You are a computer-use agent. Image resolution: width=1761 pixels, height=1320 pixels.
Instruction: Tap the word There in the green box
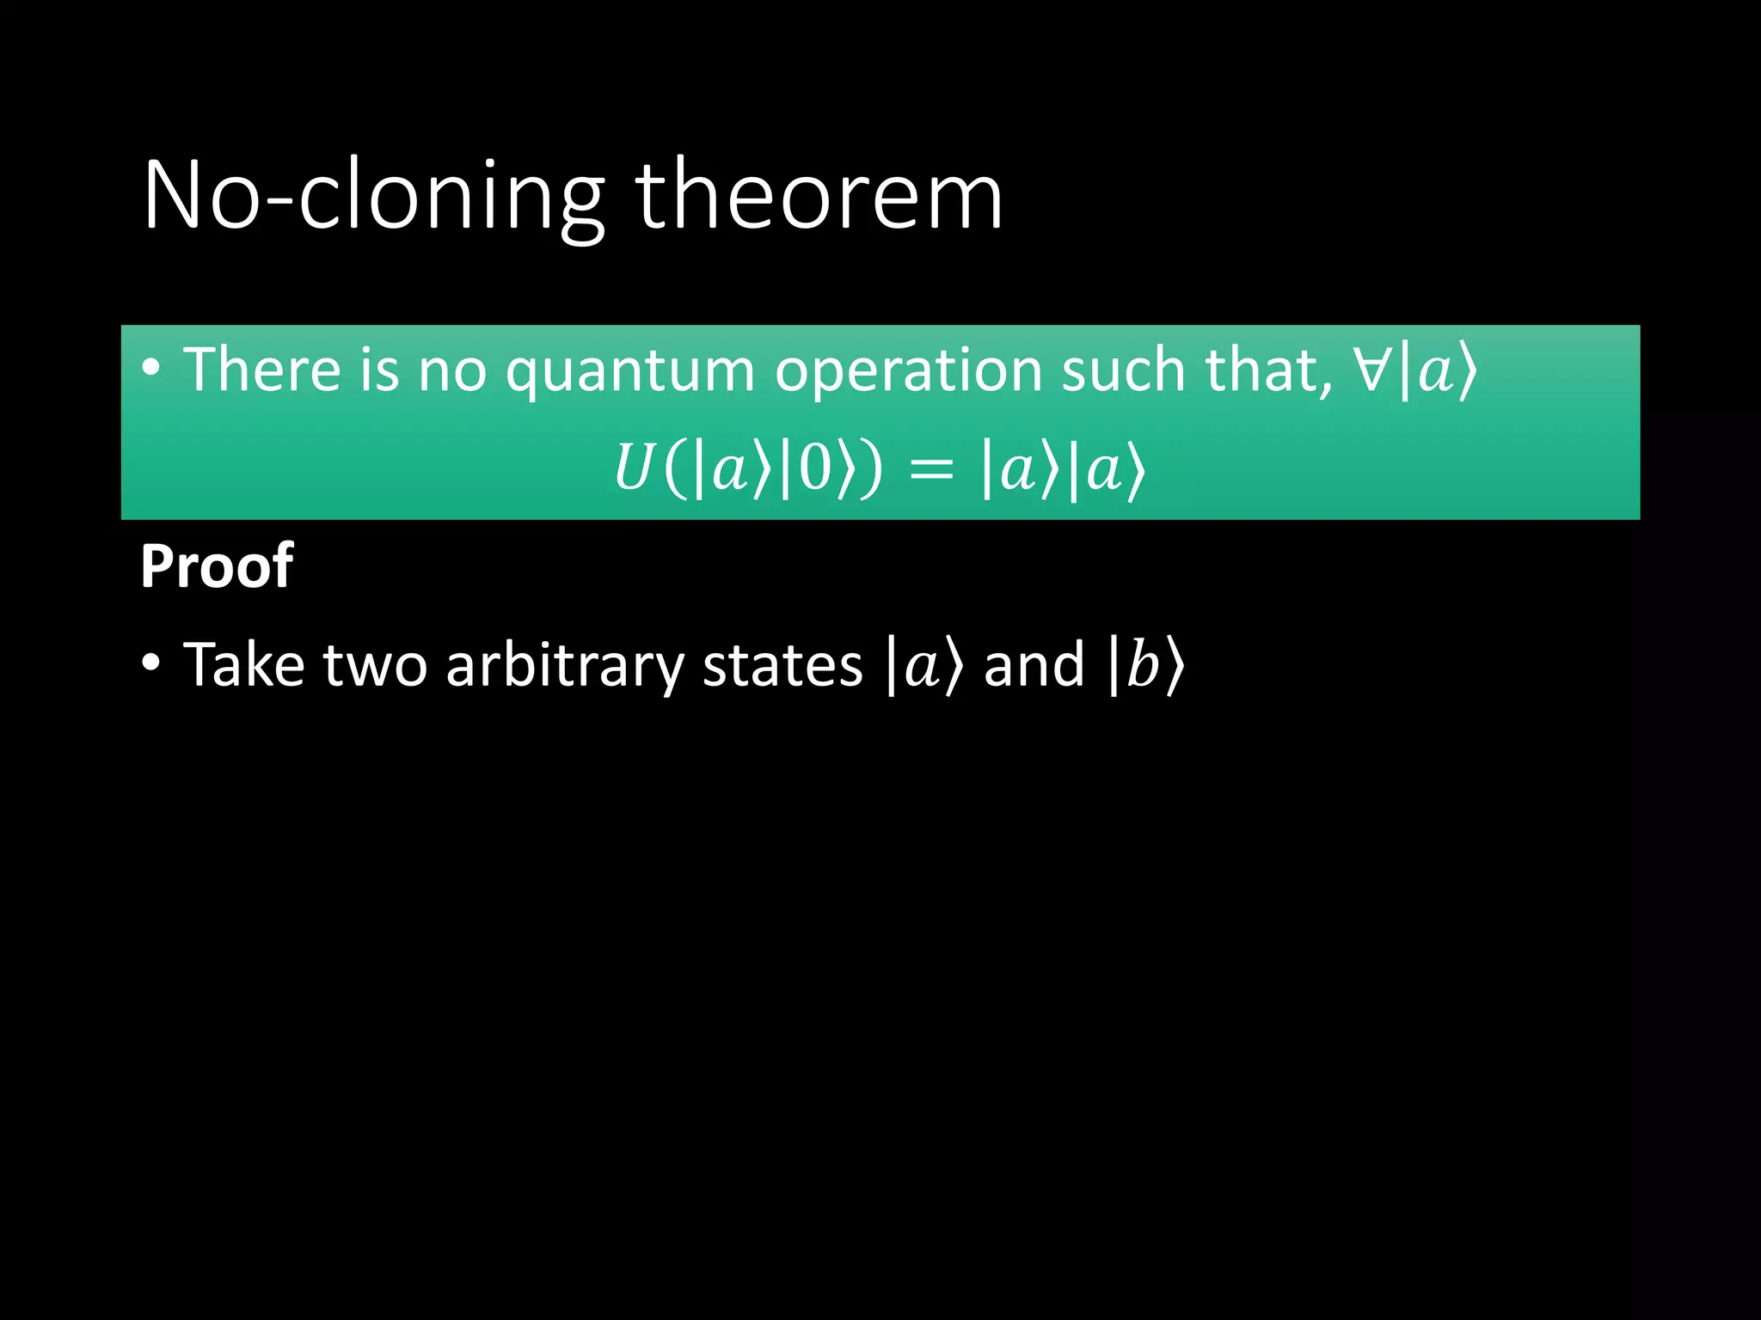click(x=263, y=370)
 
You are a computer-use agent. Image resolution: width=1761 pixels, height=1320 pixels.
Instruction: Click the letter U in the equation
click(x=633, y=469)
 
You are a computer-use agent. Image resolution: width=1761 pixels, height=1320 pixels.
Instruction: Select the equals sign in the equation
click(x=931, y=471)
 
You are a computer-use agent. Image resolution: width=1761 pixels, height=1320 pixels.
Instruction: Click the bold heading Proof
click(x=217, y=567)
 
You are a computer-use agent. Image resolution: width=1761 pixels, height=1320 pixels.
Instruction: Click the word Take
click(x=244, y=665)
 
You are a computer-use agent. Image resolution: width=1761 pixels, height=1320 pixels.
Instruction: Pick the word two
click(x=375, y=666)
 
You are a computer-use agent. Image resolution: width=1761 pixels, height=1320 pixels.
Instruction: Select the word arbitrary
click(x=565, y=667)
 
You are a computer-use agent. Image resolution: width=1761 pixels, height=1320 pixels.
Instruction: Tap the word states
click(x=782, y=666)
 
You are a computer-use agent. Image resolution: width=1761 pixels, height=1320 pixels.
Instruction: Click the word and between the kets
click(x=1034, y=665)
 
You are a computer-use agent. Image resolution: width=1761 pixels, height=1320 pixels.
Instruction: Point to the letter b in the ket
click(x=1143, y=666)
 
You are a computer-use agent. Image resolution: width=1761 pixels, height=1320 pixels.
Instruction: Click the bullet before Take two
click(x=151, y=663)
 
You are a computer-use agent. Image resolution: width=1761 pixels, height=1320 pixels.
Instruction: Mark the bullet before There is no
click(x=151, y=369)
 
